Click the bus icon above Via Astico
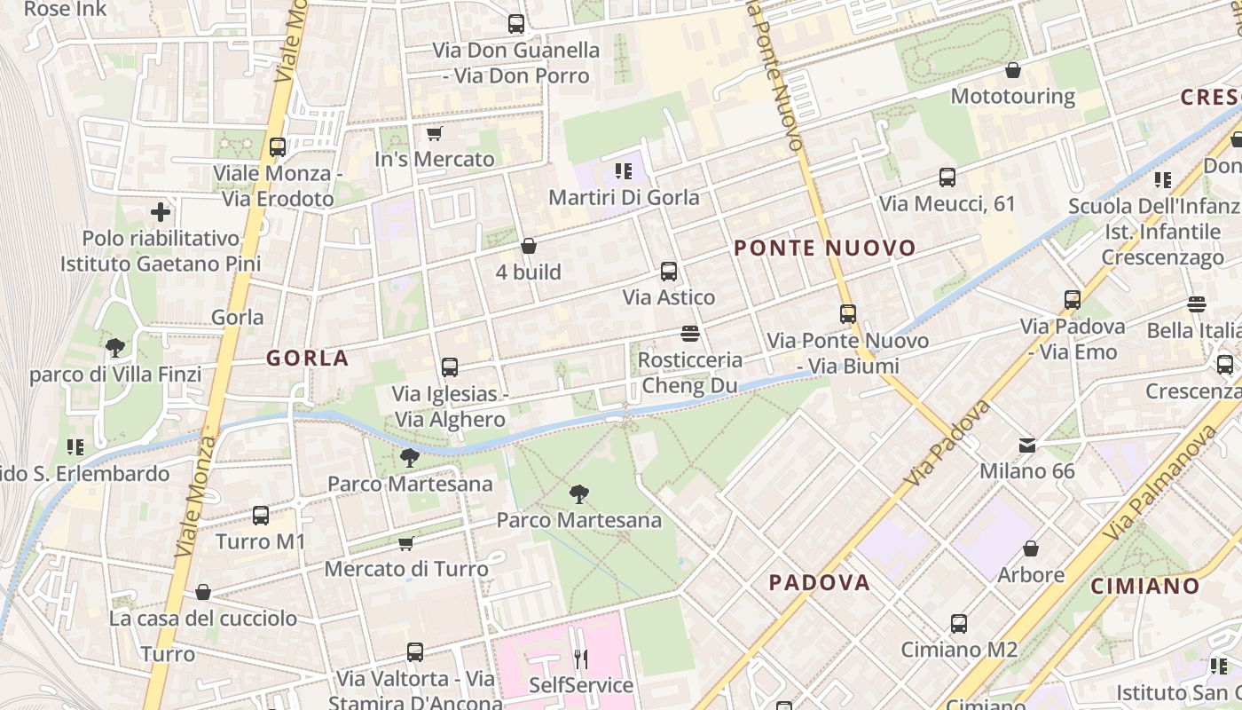click(669, 272)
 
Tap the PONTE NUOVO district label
click(825, 248)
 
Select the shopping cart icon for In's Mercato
click(434, 134)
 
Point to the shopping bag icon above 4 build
click(529, 246)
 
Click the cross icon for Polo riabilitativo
click(161, 212)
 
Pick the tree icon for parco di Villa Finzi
click(114, 348)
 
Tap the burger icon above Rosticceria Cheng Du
click(690, 334)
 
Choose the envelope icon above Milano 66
click(1027, 445)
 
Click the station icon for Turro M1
click(261, 516)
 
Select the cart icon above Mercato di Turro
click(406, 543)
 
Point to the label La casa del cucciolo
click(203, 619)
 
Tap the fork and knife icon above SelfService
click(581, 659)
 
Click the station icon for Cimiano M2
click(959, 624)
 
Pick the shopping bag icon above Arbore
click(1031, 549)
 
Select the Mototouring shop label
click(1012, 96)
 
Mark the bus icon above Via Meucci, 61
click(947, 177)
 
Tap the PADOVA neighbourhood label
click(819, 583)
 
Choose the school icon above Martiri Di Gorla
click(624, 170)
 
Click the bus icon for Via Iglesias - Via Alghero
click(450, 367)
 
